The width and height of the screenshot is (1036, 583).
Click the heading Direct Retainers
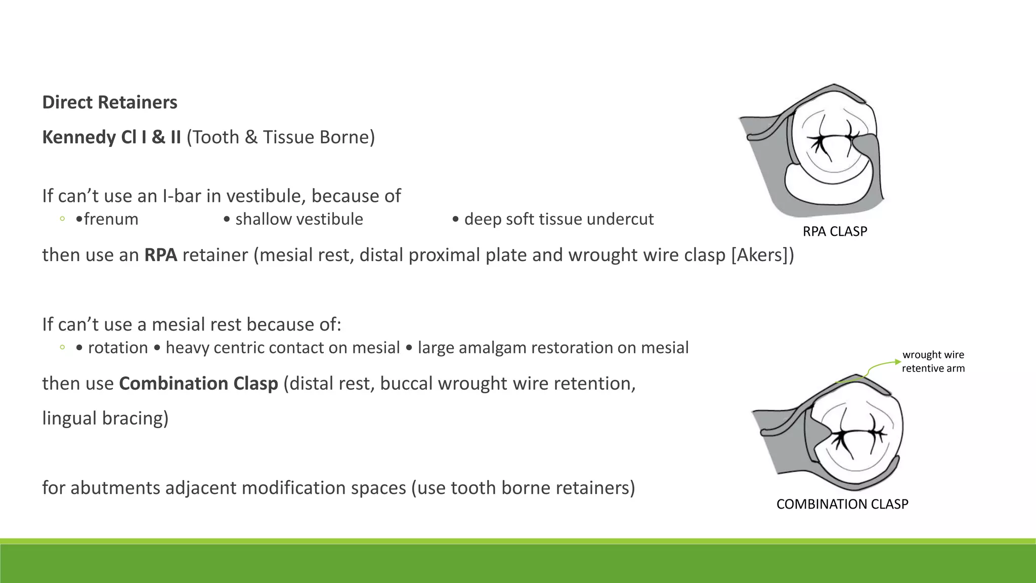tap(110, 102)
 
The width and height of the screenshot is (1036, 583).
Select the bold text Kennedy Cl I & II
tap(111, 137)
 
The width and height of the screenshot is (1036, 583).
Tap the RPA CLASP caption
tap(835, 231)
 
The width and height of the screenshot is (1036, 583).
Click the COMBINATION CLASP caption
tap(842, 504)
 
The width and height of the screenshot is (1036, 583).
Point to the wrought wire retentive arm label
tap(933, 361)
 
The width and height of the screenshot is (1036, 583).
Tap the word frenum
tap(111, 219)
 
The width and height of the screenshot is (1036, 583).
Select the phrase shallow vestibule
tap(299, 219)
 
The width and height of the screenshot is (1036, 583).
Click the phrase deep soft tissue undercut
tap(558, 219)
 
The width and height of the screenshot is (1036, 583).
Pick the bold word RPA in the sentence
tap(160, 255)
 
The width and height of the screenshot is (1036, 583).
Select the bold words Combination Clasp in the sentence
tap(198, 384)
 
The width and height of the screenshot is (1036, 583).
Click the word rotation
tap(118, 348)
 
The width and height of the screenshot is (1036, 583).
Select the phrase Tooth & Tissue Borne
tap(281, 137)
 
